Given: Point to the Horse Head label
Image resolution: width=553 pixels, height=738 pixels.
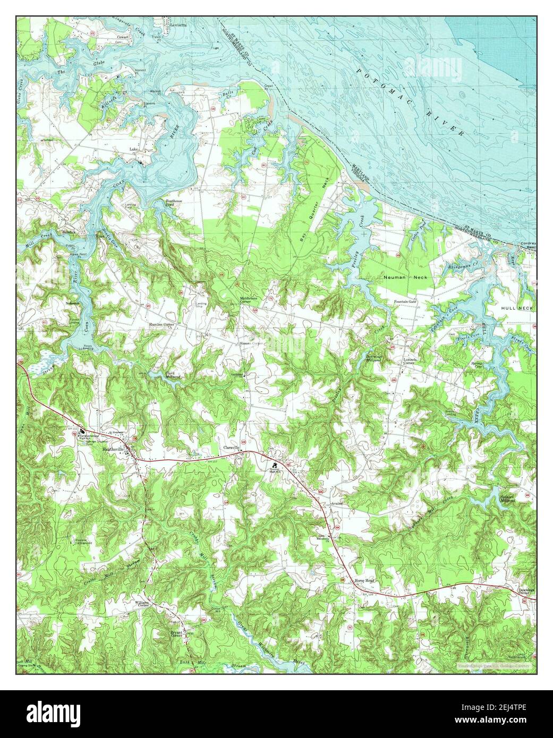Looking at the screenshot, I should [x=364, y=581].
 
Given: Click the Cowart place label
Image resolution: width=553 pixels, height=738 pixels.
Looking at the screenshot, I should [x=123, y=37].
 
